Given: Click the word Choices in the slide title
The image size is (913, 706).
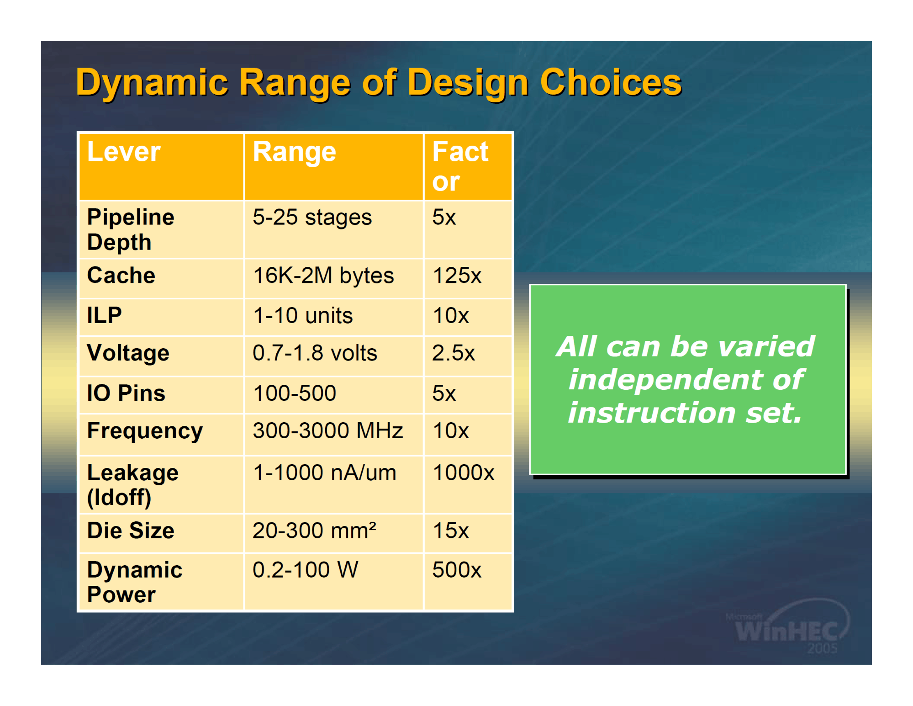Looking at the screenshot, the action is [611, 82].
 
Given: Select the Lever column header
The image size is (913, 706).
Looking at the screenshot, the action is [124, 152].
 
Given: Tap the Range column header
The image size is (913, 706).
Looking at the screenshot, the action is [295, 152].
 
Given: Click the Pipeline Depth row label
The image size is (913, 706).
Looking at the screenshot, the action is [131, 229].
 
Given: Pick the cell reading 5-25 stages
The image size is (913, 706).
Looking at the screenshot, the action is [312, 217].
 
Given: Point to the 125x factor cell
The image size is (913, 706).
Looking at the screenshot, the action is [457, 276].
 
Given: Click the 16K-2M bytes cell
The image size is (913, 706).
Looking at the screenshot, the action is [323, 276].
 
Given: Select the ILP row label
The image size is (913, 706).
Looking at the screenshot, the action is [104, 315].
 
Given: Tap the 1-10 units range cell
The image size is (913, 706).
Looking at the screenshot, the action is [303, 316].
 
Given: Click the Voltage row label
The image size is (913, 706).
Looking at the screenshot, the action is [128, 353].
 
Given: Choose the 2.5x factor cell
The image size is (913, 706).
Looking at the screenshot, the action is [454, 353].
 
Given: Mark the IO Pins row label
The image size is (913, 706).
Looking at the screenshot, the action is [126, 393].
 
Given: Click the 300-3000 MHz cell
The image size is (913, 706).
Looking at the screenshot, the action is [328, 430].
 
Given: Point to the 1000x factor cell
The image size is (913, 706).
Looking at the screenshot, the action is [464, 472].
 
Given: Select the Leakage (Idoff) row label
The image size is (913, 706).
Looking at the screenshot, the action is [132, 485].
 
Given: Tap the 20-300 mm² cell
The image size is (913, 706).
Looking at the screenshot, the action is [314, 531].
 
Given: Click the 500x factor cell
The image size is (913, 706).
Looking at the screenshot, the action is [457, 570].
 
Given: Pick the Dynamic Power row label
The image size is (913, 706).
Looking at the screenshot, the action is [135, 582].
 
